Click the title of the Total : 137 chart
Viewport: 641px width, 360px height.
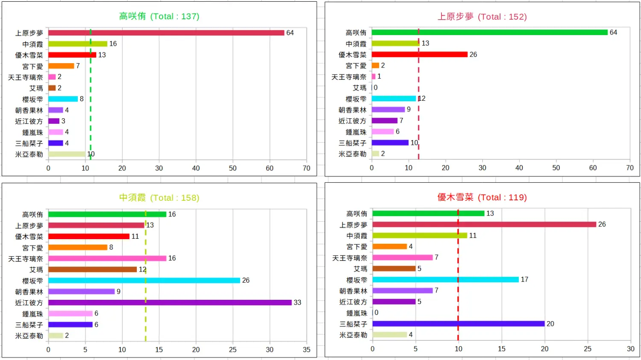pyautogui.click(x=159, y=16)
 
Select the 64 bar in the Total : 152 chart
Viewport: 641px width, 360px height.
pyautogui.click(x=489, y=32)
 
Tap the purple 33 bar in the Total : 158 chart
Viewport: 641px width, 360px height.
pyautogui.click(x=170, y=302)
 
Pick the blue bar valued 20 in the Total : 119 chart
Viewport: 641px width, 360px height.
pyautogui.click(x=458, y=324)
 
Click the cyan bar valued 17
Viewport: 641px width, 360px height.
pyautogui.click(x=445, y=279)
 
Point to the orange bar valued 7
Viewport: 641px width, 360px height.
pyautogui.click(x=61, y=66)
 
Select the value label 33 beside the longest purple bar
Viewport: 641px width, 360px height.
pyautogui.click(x=297, y=302)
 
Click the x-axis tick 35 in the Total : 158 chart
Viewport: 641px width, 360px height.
pyautogui.click(x=306, y=350)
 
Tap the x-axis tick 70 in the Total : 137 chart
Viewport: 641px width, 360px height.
pyautogui.click(x=306, y=168)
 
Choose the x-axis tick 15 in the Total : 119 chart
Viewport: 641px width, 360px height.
pyautogui.click(x=501, y=349)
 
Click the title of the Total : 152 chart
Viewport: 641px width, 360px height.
pyautogui.click(x=482, y=17)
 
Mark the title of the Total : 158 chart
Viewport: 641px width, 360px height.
pyautogui.click(x=159, y=198)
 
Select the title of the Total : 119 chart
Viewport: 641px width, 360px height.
pyautogui.click(x=482, y=197)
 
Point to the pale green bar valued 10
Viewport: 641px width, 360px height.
pyautogui.click(x=67, y=154)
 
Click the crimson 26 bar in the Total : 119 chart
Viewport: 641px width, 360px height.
pyautogui.click(x=484, y=224)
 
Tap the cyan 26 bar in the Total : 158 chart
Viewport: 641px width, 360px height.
pyautogui.click(x=144, y=280)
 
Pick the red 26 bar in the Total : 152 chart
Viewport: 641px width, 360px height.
pyautogui.click(x=419, y=54)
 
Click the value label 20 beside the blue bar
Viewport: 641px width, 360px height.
pyautogui.click(x=550, y=324)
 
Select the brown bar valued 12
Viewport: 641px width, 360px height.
pyautogui.click(x=92, y=269)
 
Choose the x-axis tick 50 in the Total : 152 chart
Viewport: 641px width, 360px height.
pyautogui.click(x=556, y=168)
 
